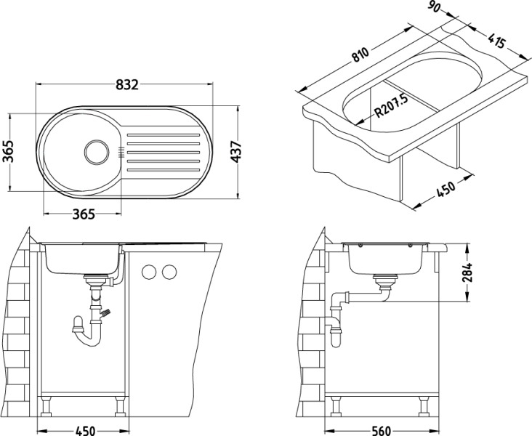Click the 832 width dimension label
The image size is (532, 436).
point(126,84)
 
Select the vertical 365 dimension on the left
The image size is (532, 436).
point(10,152)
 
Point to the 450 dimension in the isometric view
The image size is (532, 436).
point(446,188)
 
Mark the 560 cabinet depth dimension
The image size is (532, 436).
point(379,430)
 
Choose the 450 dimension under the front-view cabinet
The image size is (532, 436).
point(86,430)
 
